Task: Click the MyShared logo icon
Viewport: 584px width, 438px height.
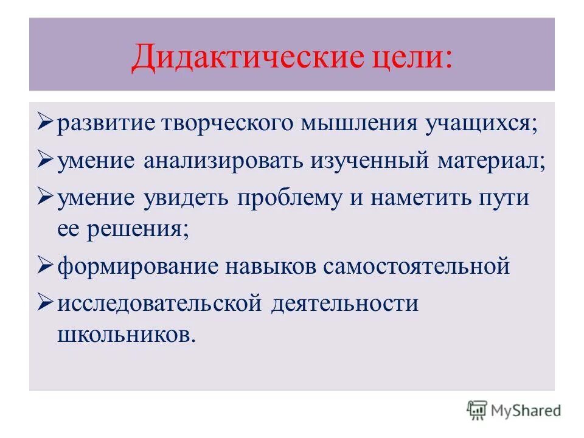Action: (477, 410)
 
